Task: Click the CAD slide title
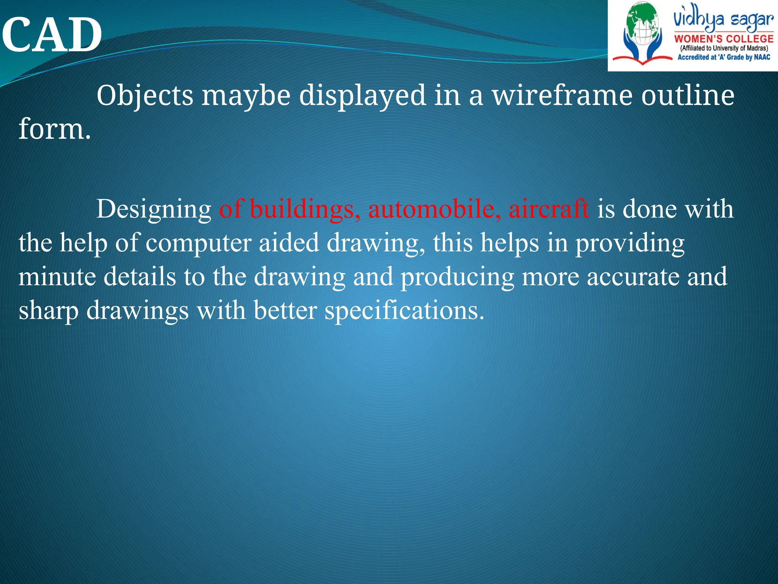(52, 35)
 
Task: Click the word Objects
(145, 95)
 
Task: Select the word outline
(688, 95)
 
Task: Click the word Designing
(153, 209)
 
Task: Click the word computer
(198, 243)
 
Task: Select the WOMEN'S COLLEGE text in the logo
(724, 39)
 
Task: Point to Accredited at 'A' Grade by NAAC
(724, 57)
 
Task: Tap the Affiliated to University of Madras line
(724, 48)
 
